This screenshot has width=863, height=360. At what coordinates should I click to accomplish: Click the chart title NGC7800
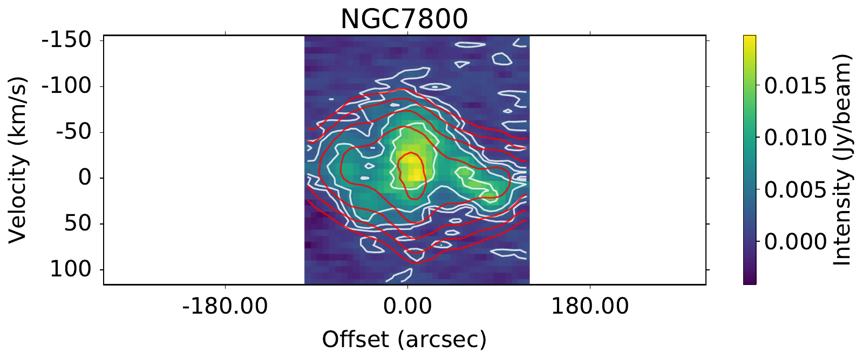(404, 19)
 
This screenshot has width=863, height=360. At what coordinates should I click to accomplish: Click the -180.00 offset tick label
(225, 307)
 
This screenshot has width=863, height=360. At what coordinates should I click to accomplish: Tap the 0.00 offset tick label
(407, 307)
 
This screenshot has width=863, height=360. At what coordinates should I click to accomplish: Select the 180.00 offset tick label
(589, 307)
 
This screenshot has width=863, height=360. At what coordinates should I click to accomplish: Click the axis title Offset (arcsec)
(404, 339)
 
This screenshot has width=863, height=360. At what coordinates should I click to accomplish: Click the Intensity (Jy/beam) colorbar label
(842, 160)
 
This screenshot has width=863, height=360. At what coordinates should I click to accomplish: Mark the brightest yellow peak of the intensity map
(412, 167)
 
